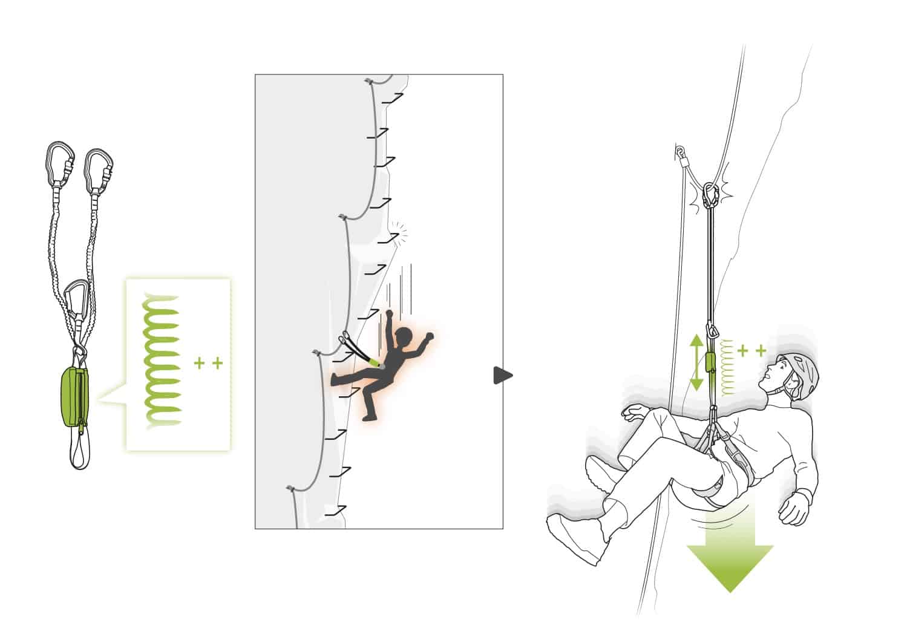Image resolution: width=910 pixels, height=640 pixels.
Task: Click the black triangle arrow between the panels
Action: pyautogui.click(x=502, y=376)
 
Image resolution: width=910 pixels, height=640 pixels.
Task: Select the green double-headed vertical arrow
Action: pyautogui.click(x=696, y=362)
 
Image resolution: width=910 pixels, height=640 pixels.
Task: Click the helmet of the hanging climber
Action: pyautogui.click(x=800, y=375)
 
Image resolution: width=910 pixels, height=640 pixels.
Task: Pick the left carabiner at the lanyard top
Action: pyautogui.click(x=61, y=162)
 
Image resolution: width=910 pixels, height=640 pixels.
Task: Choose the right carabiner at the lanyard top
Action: pyautogui.click(x=99, y=171)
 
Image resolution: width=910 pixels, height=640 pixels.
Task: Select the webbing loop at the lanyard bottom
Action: pyautogui.click(x=80, y=451)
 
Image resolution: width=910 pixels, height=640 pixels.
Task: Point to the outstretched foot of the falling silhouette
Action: pyautogui.click(x=336, y=380)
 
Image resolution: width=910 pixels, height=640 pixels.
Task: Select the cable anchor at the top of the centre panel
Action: pyautogui.click(x=368, y=80)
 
